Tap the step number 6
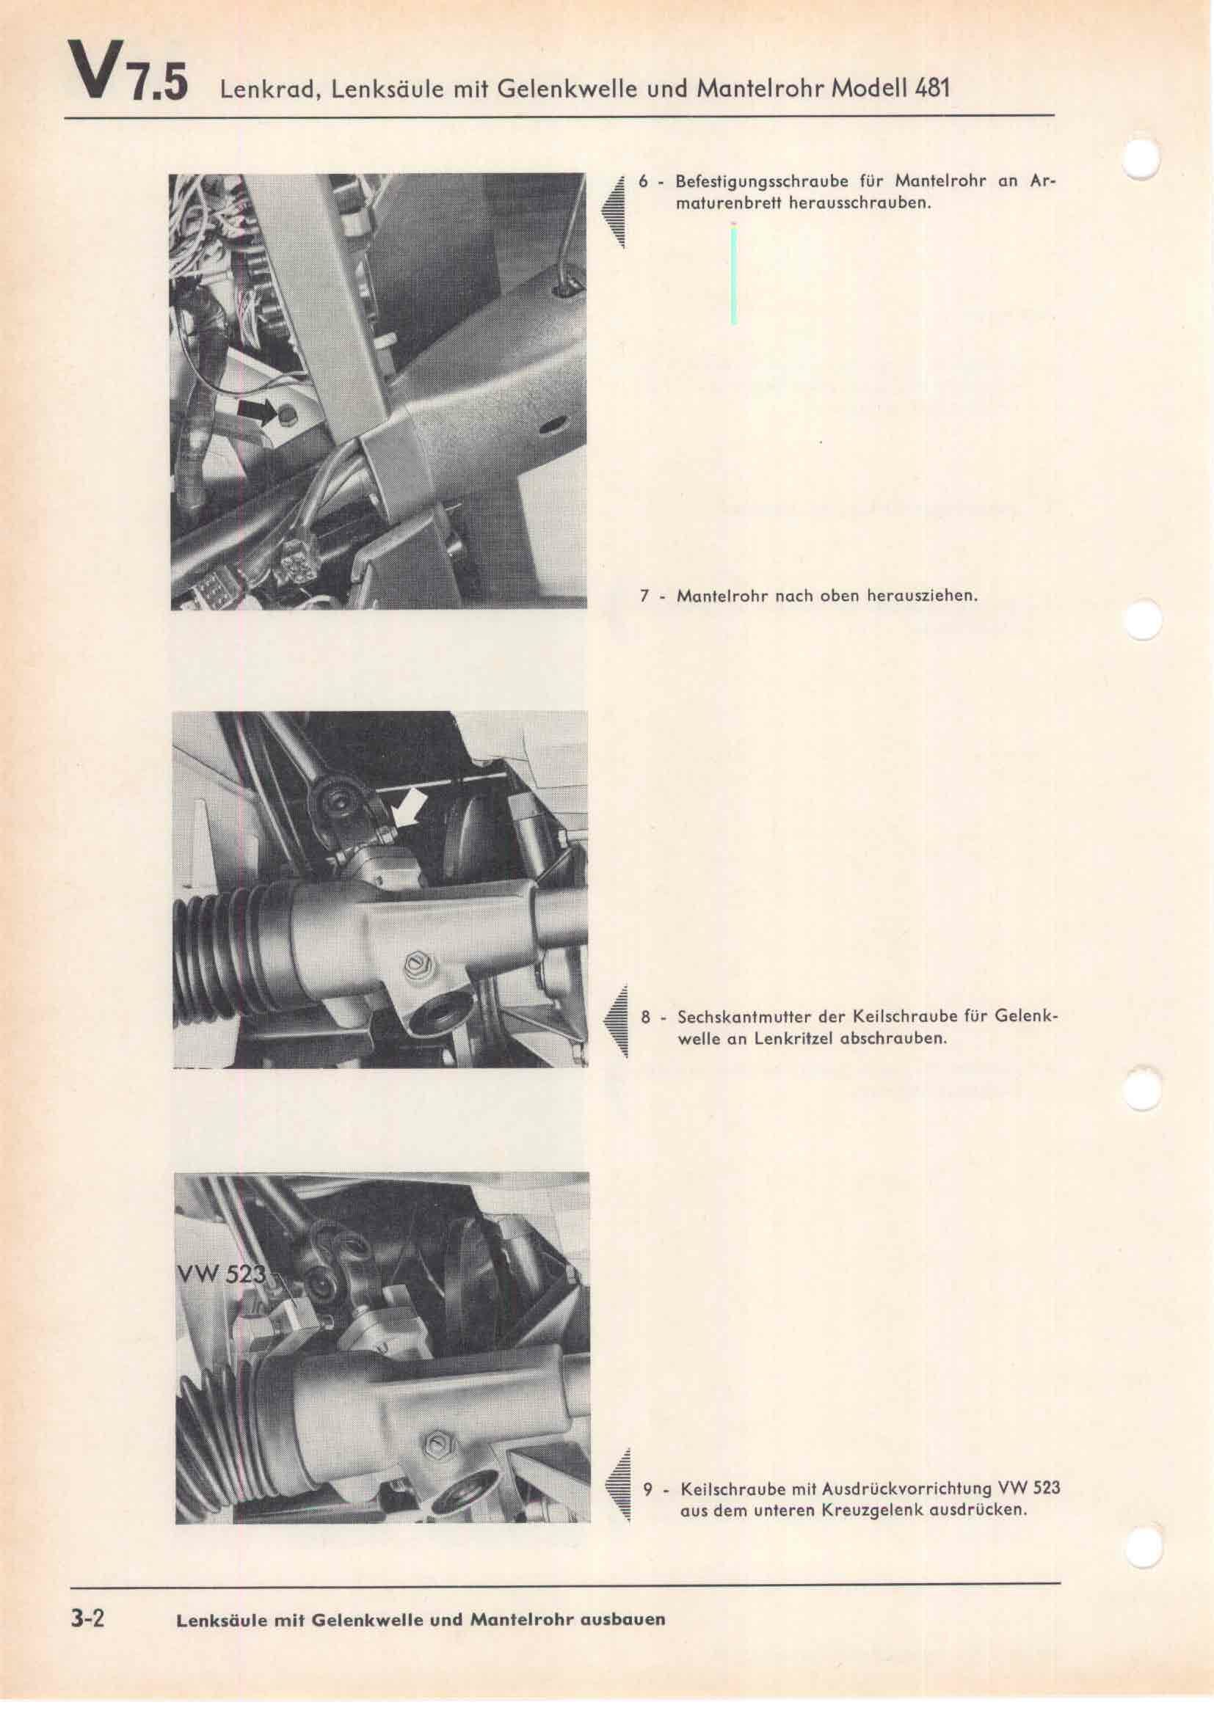click(644, 182)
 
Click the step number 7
click(644, 596)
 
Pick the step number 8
click(645, 1017)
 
